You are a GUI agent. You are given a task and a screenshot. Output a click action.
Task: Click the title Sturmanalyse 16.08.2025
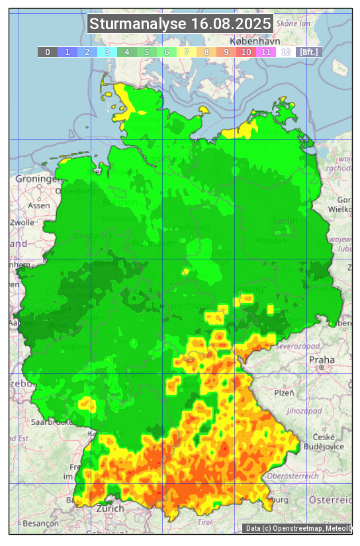(180, 24)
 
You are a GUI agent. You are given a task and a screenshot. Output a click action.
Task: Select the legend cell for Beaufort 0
(47, 52)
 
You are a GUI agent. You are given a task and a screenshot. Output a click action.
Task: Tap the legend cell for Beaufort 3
(107, 52)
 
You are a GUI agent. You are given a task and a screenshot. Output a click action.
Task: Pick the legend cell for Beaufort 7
(187, 52)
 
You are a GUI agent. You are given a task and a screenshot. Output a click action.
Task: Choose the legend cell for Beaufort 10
(246, 52)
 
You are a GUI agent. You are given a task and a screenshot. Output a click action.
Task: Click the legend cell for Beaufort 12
(286, 52)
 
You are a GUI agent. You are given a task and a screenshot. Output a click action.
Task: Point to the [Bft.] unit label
(308, 52)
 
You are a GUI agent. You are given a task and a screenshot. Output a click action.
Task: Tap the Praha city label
(322, 359)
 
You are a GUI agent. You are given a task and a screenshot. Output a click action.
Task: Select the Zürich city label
(110, 508)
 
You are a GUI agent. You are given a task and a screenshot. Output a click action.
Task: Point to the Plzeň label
(284, 392)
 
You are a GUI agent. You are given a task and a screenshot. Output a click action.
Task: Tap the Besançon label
(40, 523)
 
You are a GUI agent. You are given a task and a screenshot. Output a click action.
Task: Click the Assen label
(39, 205)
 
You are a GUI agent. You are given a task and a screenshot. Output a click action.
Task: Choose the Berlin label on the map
(285, 220)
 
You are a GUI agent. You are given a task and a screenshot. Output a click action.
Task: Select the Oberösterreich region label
(293, 476)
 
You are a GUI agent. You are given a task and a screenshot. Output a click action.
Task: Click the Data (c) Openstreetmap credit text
(297, 528)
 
